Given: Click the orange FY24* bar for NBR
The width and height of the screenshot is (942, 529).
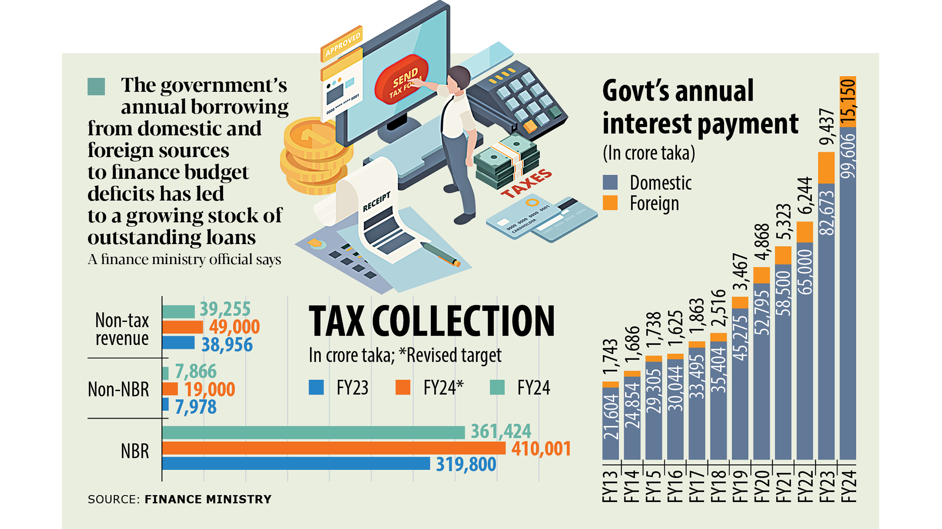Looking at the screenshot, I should [x=334, y=448].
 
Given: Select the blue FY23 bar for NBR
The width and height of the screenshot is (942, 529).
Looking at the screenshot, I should [x=296, y=463].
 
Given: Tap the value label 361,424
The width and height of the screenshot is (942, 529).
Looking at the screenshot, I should [x=501, y=432].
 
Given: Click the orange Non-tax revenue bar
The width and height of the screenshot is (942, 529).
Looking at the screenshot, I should [x=183, y=327].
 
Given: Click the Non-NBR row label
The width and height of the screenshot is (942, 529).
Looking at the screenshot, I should [x=118, y=389].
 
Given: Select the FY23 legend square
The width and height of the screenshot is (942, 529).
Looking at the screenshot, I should [x=316, y=388].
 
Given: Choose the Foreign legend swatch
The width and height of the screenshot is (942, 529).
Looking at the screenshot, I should [x=610, y=203].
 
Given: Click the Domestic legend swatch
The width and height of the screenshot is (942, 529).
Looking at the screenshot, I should [x=610, y=182].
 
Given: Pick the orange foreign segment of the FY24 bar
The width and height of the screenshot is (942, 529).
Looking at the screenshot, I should [x=848, y=101].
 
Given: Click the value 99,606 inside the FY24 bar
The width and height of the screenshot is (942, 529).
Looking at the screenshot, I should [x=848, y=155].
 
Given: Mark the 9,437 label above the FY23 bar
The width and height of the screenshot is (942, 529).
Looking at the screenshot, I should [x=826, y=127].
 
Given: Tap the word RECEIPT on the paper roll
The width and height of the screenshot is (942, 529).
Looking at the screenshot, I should [x=376, y=201].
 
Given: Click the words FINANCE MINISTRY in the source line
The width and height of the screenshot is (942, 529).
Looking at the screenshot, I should [x=208, y=499].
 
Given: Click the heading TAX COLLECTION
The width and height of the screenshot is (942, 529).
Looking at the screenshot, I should [x=432, y=321].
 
